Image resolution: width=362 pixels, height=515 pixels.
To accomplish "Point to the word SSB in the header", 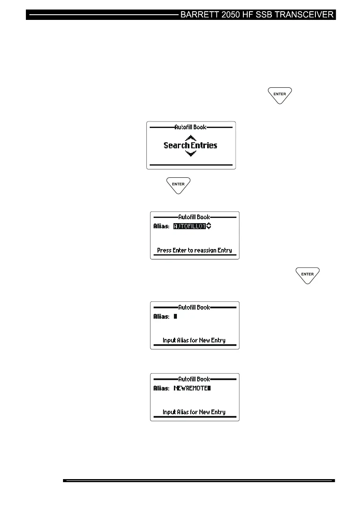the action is point(263,15).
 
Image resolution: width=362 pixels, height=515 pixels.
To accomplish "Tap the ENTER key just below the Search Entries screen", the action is point(179,185).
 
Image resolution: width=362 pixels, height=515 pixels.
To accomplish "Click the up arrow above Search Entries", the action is point(190,138).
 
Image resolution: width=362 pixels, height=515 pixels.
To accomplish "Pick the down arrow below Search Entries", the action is point(190,154).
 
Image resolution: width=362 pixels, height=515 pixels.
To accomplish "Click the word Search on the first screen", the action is point(176,146).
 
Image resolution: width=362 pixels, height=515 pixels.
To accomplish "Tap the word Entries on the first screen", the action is point(204,146).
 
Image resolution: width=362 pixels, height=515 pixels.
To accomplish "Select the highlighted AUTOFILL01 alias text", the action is point(189,226).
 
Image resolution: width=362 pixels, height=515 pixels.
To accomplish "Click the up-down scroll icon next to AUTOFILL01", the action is point(209,226).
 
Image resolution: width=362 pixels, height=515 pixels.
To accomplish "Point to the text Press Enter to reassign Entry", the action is point(194,250).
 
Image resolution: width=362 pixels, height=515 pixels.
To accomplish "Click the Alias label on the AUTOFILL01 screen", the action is point(162,226).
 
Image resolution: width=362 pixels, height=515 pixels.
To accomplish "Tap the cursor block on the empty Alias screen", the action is point(175,317).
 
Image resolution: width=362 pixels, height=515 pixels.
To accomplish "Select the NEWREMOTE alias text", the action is point(191,388).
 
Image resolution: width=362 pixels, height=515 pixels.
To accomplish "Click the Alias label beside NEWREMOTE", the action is point(162,388).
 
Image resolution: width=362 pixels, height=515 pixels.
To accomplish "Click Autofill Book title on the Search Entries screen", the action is point(190,127).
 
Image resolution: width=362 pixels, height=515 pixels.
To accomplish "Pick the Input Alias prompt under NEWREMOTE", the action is point(194,412).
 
